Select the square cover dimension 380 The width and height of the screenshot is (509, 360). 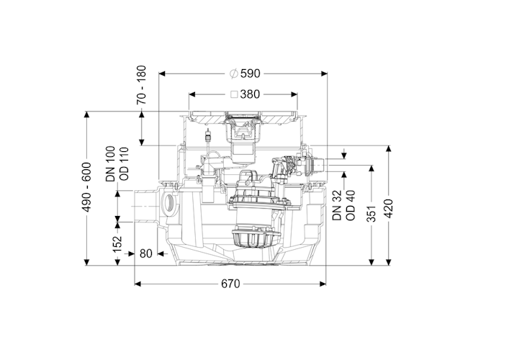coord(251,94)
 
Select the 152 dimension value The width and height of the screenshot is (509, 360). coord(118,244)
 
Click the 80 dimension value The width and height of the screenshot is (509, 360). coord(146,253)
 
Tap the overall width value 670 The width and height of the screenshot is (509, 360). coord(230,284)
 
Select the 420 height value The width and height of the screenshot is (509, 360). coord(389,208)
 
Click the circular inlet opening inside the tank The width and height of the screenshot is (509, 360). coord(170,204)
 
